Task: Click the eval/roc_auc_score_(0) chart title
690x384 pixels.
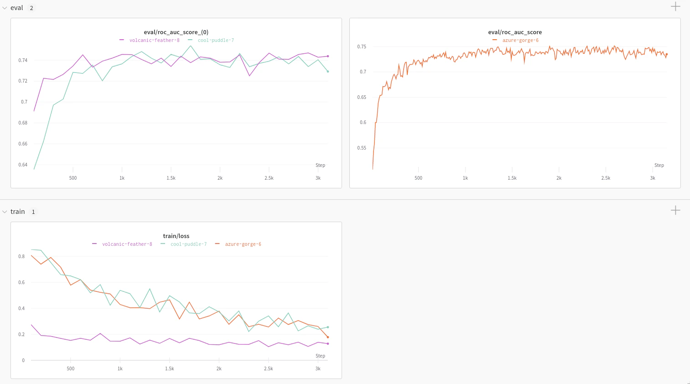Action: click(x=176, y=32)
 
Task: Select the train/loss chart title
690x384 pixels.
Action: click(x=176, y=236)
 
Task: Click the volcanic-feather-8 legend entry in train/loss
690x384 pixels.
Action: click(x=127, y=244)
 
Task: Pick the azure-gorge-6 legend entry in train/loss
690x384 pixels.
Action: click(x=243, y=244)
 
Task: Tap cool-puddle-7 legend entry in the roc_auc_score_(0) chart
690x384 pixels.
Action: click(x=215, y=41)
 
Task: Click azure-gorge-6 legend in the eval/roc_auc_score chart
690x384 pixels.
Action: click(x=520, y=41)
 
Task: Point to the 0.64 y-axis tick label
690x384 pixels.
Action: click(x=23, y=165)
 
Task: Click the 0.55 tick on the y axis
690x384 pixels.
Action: click(x=362, y=148)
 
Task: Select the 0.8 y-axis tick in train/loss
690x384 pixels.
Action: click(x=21, y=256)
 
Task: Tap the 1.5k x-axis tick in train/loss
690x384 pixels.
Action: click(x=169, y=368)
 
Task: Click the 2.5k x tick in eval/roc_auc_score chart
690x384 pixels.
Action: click(x=606, y=178)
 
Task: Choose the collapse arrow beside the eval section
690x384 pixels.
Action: click(x=5, y=8)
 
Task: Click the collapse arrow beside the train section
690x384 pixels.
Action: click(x=5, y=212)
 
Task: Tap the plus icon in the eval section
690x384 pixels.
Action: click(x=675, y=6)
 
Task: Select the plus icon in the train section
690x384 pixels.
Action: click(x=675, y=210)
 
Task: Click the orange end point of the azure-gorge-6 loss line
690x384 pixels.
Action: click(x=327, y=337)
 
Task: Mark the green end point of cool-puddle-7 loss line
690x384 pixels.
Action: click(x=327, y=327)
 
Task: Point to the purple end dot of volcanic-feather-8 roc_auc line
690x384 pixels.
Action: click(x=328, y=56)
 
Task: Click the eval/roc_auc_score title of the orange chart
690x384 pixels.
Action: click(x=515, y=32)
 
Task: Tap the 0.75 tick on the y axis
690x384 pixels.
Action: click(x=362, y=47)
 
